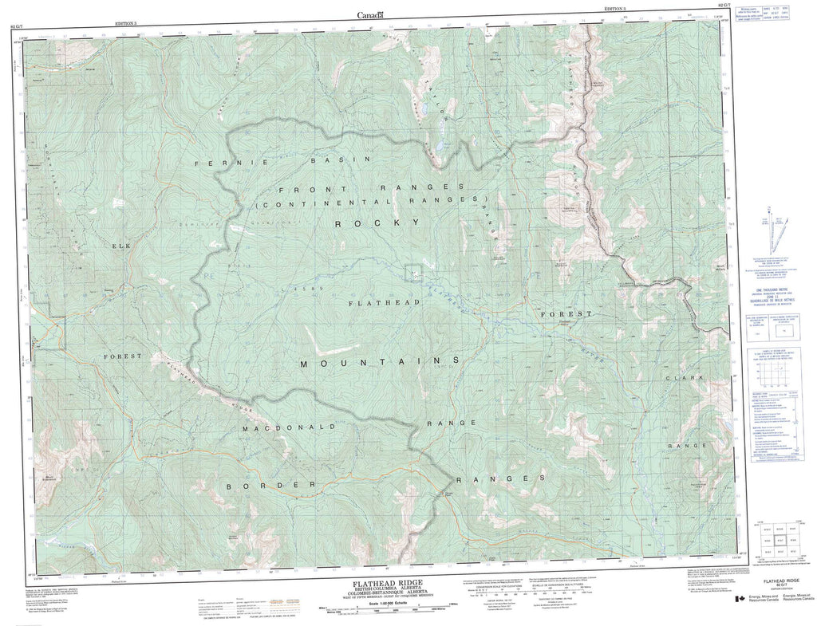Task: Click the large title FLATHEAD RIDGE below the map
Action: pyautogui.click(x=382, y=584)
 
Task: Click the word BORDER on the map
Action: pyautogui.click(x=266, y=485)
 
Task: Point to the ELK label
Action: pyautogui.click(x=121, y=246)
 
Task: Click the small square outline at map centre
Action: pyautogui.click(x=414, y=273)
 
